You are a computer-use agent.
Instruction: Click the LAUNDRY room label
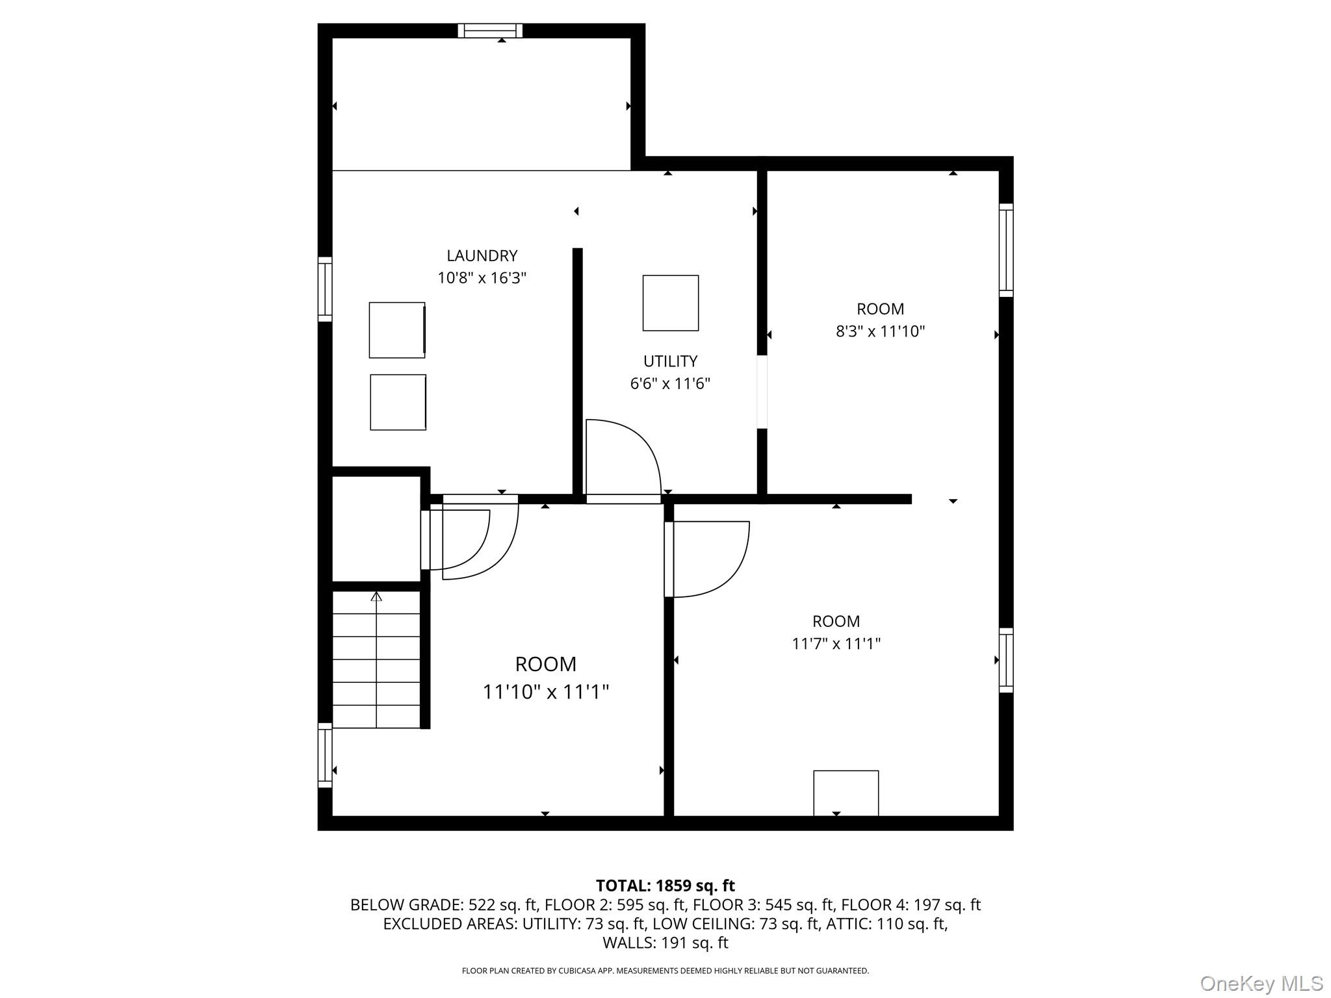(x=482, y=255)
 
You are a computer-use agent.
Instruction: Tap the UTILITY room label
(x=670, y=361)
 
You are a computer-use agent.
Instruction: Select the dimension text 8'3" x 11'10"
(x=880, y=331)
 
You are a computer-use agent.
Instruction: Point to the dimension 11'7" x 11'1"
(x=836, y=644)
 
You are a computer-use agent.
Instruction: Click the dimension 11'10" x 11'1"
(x=545, y=692)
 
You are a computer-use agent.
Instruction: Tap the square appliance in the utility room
(x=670, y=303)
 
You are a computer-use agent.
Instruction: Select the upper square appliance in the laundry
(x=396, y=330)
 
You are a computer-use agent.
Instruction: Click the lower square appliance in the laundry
(x=398, y=402)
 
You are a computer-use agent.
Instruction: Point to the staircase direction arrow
(x=376, y=596)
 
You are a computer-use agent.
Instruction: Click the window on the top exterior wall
(x=490, y=31)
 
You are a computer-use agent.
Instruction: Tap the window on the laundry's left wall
(x=324, y=289)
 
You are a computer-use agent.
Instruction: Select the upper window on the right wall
(x=1005, y=250)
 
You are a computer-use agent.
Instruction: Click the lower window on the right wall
(x=1005, y=660)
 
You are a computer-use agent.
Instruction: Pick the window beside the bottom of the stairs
(x=324, y=755)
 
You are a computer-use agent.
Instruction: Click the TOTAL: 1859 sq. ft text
(x=665, y=886)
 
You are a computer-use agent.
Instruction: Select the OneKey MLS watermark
(x=1261, y=983)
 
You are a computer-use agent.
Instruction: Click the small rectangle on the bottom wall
(x=846, y=793)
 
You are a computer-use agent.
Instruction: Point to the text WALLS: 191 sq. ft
(x=665, y=943)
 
